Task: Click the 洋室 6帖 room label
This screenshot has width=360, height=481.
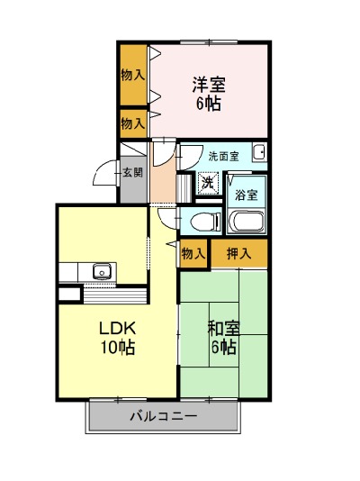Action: [208, 94]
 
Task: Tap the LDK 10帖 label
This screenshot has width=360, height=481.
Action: [118, 338]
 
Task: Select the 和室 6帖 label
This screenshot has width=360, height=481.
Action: [224, 338]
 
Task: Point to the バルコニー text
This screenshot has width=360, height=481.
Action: [164, 416]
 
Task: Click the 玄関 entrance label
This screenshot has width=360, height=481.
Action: [133, 172]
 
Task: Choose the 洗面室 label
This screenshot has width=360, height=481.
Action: [224, 157]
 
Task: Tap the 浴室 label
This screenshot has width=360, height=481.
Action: [246, 195]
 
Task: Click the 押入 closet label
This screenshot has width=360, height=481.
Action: [239, 254]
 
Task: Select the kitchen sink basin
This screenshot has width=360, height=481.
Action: [103, 271]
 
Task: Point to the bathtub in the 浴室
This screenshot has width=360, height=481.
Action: [247, 222]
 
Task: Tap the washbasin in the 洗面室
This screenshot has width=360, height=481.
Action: [259, 152]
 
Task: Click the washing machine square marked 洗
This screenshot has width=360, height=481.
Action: [208, 184]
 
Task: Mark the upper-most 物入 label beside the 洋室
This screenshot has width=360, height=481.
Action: [132, 75]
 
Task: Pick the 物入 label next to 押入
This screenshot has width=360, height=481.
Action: [193, 254]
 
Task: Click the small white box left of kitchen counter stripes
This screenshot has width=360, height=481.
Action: [69, 294]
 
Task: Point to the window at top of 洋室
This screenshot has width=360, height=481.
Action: [209, 42]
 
